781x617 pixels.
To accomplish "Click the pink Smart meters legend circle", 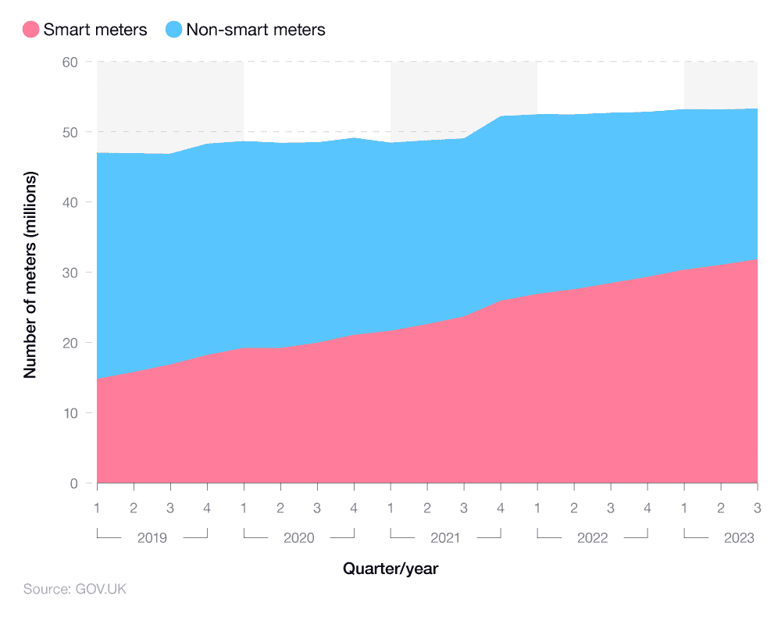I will tap(30, 30).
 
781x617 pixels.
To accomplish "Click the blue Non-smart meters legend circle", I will tap(173, 30).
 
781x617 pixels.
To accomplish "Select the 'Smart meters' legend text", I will tap(95, 30).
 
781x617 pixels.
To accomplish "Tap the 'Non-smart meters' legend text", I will tap(255, 30).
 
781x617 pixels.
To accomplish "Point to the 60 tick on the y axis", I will tap(70, 62).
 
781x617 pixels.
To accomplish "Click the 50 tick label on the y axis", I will tap(70, 132).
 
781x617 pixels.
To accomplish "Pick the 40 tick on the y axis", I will tap(70, 202).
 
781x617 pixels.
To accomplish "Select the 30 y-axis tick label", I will tap(70, 273).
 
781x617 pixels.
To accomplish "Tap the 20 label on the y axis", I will tap(70, 343).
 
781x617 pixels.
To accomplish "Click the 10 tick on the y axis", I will tap(70, 413).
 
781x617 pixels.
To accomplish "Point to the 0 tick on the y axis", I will tap(74, 483).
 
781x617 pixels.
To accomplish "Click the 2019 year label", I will tap(152, 538).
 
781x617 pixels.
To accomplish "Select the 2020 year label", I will tap(299, 538).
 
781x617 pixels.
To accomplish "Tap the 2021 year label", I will tap(445, 538).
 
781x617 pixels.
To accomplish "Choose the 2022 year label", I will tap(592, 538).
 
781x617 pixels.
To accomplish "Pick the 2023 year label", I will tap(739, 538).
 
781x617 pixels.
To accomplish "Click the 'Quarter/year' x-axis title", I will tap(390, 569).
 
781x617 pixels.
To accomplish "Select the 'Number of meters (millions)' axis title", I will tap(30, 273).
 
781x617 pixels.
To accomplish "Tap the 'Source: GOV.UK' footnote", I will tap(75, 589).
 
